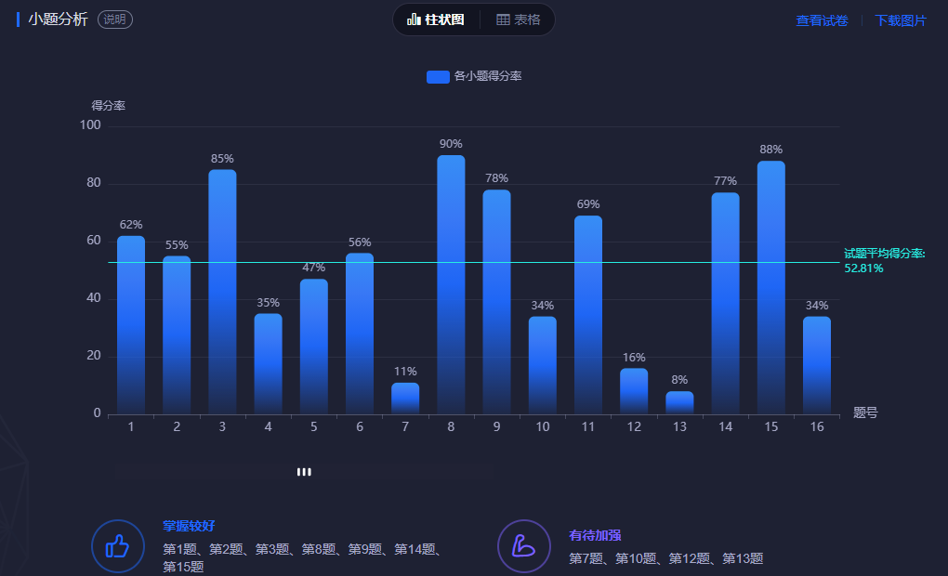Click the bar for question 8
pyautogui.click(x=451, y=284)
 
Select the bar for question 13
pyautogui.click(x=679, y=403)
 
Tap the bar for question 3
pyautogui.click(x=222, y=292)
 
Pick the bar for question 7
pyautogui.click(x=405, y=399)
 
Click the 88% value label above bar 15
pyautogui.click(x=770, y=150)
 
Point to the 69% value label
pyautogui.click(x=588, y=204)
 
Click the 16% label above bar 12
pyautogui.click(x=634, y=358)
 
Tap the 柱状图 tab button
pyautogui.click(x=436, y=20)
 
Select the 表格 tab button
pyautogui.click(x=519, y=20)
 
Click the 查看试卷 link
pyautogui.click(x=822, y=20)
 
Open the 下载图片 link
pyautogui.click(x=901, y=20)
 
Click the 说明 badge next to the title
pyautogui.click(x=115, y=20)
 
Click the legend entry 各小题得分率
pyautogui.click(x=475, y=76)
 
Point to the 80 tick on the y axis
pyautogui.click(x=93, y=183)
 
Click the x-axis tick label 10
pyautogui.click(x=543, y=426)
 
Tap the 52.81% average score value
pyautogui.click(x=863, y=268)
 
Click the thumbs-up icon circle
pyautogui.click(x=117, y=545)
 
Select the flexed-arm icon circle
pyautogui.click(x=524, y=545)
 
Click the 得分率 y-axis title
pyautogui.click(x=108, y=106)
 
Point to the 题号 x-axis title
pyautogui.click(x=865, y=413)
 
